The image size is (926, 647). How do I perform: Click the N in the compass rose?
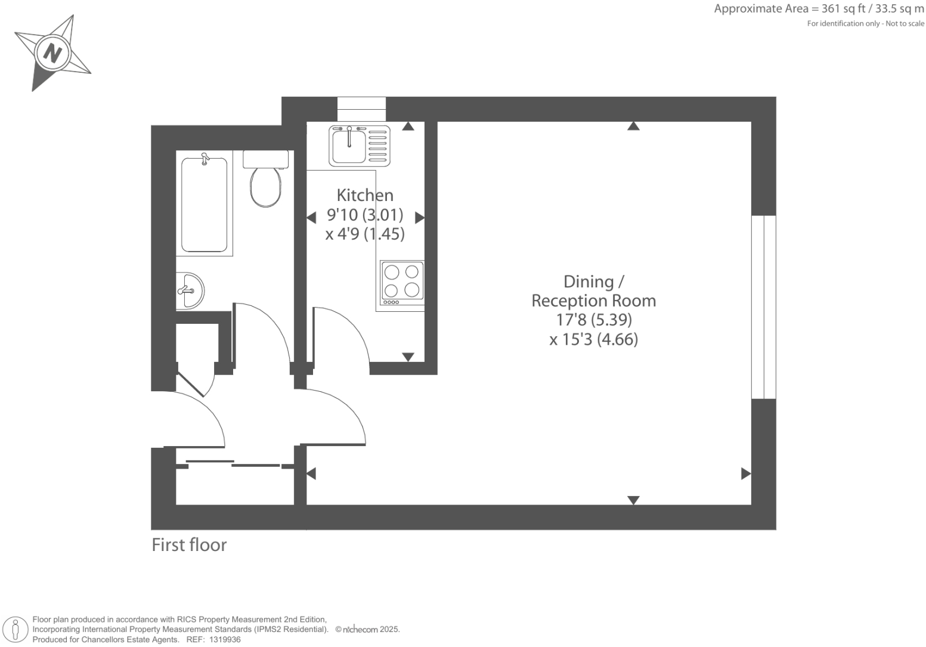[52, 53]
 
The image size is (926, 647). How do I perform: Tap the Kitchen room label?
[364, 195]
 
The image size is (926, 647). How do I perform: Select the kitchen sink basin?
[349, 146]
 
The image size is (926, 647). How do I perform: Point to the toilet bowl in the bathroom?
[265, 187]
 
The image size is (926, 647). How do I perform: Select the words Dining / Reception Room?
[594, 291]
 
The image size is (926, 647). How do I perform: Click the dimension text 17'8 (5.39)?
[594, 320]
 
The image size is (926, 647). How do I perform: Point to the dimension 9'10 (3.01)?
[365, 215]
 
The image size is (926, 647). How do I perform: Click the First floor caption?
[190, 545]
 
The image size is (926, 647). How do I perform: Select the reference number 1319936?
[225, 640]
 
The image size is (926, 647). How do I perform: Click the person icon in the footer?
[16, 630]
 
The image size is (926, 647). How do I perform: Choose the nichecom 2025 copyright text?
[367, 630]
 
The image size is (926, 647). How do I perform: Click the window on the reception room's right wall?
[764, 307]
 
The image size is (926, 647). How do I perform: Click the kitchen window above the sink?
[361, 109]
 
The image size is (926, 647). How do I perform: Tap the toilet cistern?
[265, 159]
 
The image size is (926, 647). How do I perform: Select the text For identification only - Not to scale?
[866, 24]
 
